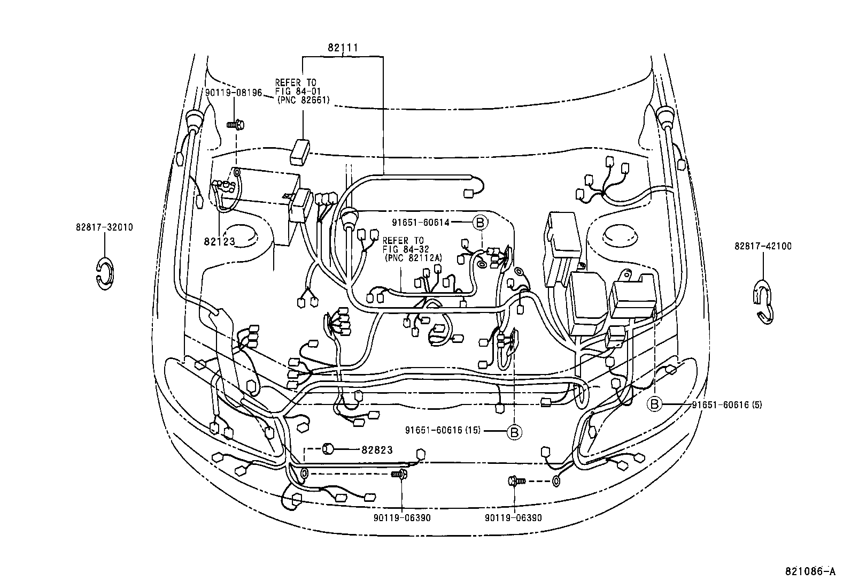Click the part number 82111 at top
tap(343, 48)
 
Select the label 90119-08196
tap(234, 93)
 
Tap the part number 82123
tap(219, 242)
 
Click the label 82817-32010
tap(104, 227)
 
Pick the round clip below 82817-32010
tap(105, 273)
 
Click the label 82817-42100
tap(763, 246)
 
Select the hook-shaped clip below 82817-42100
tap(764, 303)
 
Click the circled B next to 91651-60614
tap(479, 222)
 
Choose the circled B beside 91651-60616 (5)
tap(655, 404)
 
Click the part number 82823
tap(377, 450)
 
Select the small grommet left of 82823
tap(328, 448)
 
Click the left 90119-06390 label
tap(402, 518)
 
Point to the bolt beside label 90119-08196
tap(235, 124)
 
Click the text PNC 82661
tap(303, 100)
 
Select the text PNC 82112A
tap(413, 257)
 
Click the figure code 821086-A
tap(809, 571)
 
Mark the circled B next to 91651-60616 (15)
tap(513, 431)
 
